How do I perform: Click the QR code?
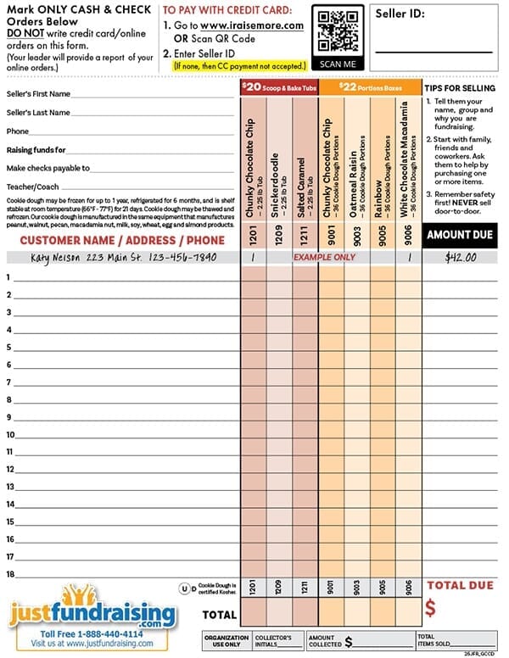(339, 31)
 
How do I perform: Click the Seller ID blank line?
(433, 51)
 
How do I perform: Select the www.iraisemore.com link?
(252, 25)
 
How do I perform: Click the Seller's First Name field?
(153, 94)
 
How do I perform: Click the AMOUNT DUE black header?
(460, 235)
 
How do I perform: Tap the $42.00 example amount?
(461, 257)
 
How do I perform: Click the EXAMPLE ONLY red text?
(325, 256)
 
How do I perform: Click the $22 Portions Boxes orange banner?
(371, 86)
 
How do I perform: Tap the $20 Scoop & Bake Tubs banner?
(279, 86)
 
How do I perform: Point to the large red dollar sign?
(431, 608)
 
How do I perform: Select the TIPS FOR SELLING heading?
(461, 88)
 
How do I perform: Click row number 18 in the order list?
(10, 575)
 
